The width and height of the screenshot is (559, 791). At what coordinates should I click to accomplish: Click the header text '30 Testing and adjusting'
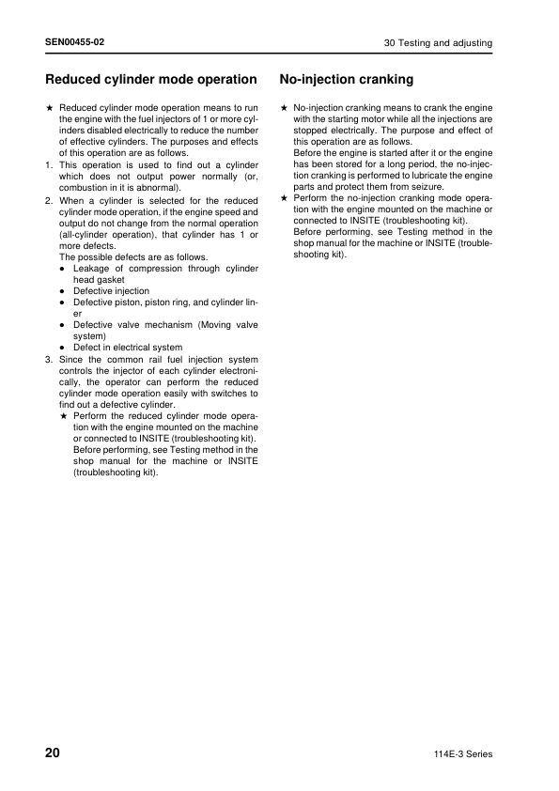click(x=438, y=44)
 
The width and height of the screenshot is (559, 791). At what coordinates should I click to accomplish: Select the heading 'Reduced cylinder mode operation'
click(x=151, y=80)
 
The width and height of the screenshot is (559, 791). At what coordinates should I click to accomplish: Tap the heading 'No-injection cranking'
click(x=347, y=80)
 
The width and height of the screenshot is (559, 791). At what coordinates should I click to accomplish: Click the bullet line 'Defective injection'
click(x=111, y=291)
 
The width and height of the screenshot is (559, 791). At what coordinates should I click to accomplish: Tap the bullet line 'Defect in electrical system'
click(x=128, y=348)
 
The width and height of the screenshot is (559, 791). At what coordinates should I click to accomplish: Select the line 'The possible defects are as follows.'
click(x=133, y=257)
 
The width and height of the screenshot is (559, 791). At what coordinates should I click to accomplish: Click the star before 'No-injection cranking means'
click(x=284, y=108)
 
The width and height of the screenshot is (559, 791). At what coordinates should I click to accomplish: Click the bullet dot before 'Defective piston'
click(x=62, y=302)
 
